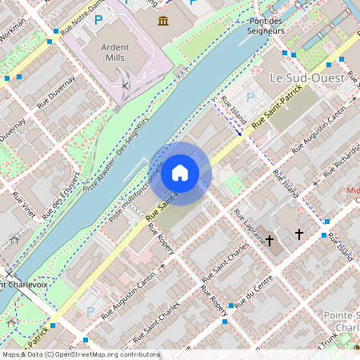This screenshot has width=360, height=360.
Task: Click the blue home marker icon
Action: point(180,173)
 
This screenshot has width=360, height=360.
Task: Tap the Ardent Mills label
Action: point(115,52)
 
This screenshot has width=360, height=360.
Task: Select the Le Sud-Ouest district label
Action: point(306,78)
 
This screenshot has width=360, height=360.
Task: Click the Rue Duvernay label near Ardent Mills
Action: point(55,90)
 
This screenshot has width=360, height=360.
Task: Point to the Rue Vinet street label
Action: point(24,206)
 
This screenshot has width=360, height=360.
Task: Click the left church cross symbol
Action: point(270,238)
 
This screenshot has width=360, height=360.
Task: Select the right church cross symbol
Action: point(300,234)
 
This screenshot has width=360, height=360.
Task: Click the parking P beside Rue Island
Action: point(250,97)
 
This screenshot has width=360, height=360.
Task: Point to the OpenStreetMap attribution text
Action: point(80,354)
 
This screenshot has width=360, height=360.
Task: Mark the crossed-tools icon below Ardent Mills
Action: point(125,83)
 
